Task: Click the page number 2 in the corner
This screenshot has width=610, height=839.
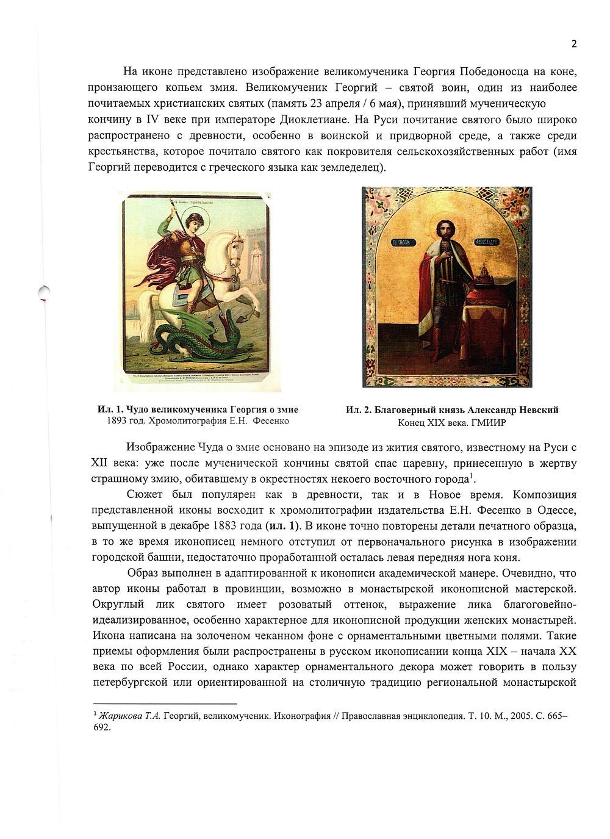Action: click(x=573, y=43)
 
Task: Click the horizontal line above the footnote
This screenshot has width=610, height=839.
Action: click(x=165, y=704)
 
